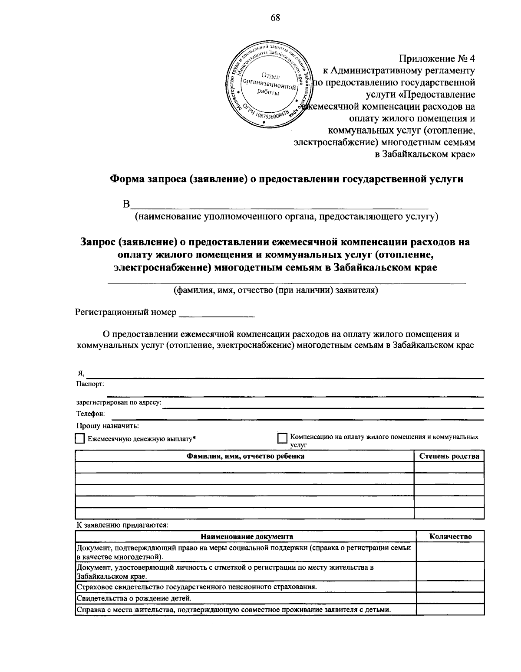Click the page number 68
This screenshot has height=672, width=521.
click(275, 18)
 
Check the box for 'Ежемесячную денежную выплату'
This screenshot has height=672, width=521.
click(79, 439)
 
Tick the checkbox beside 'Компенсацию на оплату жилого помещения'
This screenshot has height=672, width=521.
click(282, 439)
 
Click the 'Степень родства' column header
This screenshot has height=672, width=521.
click(449, 456)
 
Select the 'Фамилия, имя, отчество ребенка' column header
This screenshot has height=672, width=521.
click(245, 456)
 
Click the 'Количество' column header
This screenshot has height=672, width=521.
click(450, 536)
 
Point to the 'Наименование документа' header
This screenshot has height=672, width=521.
click(246, 536)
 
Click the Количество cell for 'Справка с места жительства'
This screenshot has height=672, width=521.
click(450, 610)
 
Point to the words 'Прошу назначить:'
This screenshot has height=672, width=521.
click(108, 426)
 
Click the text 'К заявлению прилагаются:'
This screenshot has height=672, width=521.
click(122, 525)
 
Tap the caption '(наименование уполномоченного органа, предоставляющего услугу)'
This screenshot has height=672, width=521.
click(286, 217)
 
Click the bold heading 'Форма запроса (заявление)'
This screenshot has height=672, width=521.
click(286, 179)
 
